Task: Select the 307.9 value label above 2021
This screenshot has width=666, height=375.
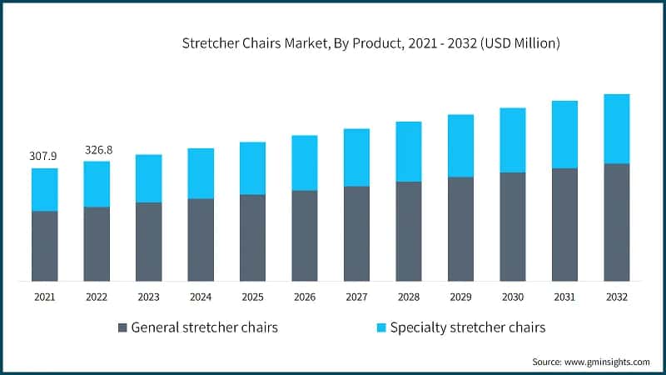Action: (44, 156)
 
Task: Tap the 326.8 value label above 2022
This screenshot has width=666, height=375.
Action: (97, 149)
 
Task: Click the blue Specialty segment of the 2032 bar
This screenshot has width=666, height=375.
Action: (616, 129)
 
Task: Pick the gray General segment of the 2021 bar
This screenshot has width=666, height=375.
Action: (44, 246)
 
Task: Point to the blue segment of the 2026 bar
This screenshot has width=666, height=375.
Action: (305, 162)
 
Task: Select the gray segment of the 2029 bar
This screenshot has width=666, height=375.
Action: (460, 229)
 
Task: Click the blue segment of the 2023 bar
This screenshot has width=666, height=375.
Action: (148, 178)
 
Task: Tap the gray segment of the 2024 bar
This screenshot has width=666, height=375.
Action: (201, 239)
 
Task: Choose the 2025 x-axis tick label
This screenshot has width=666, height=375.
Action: (252, 297)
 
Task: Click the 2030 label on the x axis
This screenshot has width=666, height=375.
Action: (512, 297)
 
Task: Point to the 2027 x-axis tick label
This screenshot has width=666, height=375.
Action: (356, 297)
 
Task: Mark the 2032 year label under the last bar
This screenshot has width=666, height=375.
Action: (616, 297)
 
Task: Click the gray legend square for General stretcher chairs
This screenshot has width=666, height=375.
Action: (124, 327)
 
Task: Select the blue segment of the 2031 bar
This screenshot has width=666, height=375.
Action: (564, 134)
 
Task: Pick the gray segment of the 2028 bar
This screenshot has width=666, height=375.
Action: (408, 231)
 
